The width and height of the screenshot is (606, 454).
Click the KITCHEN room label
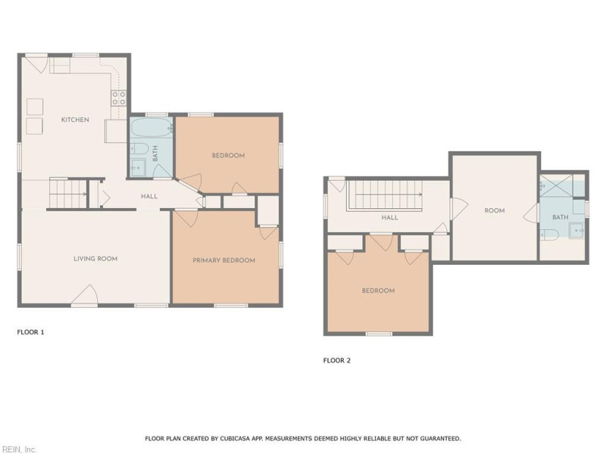pos(75,120)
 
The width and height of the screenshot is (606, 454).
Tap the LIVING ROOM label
pos(95,259)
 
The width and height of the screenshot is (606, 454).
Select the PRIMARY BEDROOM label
pos(223,260)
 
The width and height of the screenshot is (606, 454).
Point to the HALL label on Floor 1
pos(149,197)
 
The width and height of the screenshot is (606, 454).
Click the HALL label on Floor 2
pos(389,218)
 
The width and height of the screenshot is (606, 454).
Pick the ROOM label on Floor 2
pos(495,211)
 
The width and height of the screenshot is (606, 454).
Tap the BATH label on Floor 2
pos(560,217)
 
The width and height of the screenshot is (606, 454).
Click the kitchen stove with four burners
pos(119,98)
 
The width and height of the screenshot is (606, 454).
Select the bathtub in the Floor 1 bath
pos(151,126)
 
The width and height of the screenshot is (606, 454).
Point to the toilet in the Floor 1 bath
pos(139,148)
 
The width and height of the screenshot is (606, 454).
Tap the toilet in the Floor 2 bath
pos(549,235)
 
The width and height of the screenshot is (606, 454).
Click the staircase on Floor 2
pos(386,195)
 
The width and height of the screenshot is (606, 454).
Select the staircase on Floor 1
pos(68,193)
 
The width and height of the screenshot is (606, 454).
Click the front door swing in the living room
pos(85,295)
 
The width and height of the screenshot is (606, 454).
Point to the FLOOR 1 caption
pos(30,332)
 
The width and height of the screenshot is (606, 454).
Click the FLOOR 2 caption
pos(336,361)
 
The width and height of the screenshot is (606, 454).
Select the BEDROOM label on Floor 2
pos(378,291)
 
